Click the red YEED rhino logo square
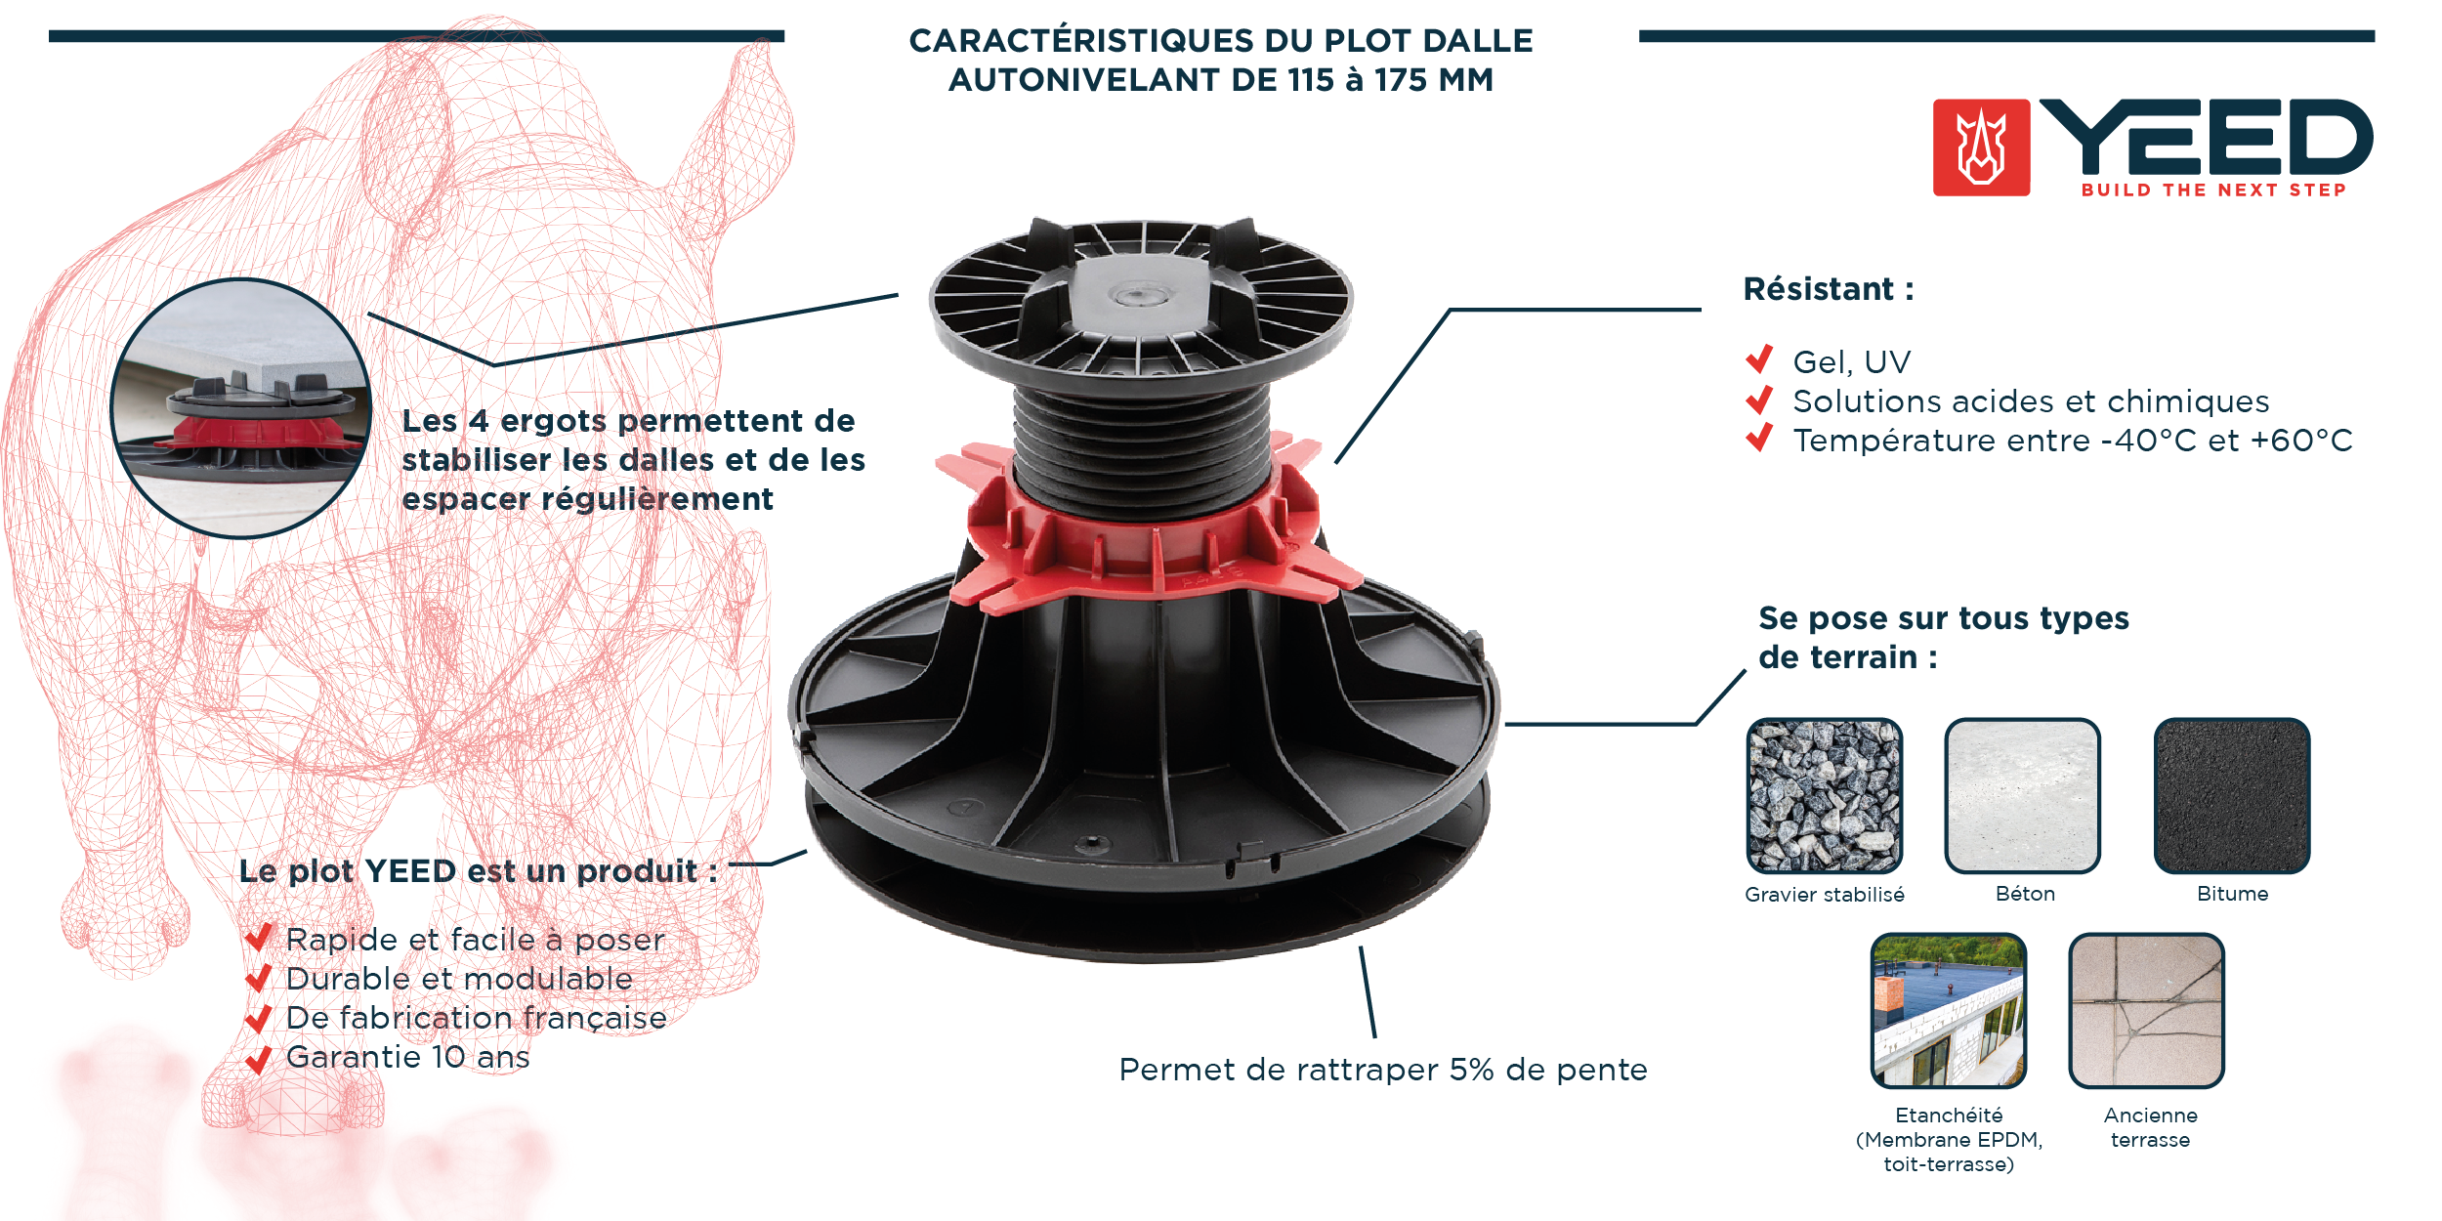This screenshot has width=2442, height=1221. tap(1981, 147)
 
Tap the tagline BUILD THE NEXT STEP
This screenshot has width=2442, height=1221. tap(2213, 189)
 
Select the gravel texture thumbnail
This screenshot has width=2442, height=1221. tap(1824, 795)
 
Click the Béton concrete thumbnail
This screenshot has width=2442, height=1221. tap(2022, 795)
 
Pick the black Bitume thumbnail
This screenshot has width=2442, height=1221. tap(2232, 795)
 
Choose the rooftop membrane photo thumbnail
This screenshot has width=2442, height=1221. tap(1949, 1010)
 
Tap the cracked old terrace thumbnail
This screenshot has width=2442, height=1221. tap(2146, 1010)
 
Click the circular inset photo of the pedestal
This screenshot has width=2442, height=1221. tap(241, 408)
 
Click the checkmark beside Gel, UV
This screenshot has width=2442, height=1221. tap(1759, 359)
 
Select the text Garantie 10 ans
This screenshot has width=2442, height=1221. tap(407, 1057)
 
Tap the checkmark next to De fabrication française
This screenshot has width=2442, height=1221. tap(258, 1019)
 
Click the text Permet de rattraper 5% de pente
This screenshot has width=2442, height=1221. tap(1383, 1070)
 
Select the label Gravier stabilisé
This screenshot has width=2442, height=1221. tap(1825, 895)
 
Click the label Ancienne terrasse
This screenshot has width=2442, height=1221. tap(2151, 1127)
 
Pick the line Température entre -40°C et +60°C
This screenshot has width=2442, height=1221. tap(2073, 441)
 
